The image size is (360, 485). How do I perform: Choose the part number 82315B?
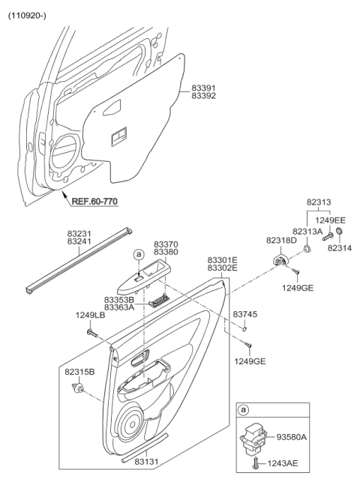coord(79,371)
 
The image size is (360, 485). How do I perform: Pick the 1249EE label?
coord(329,220)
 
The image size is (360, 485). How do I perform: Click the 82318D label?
coord(281,240)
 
